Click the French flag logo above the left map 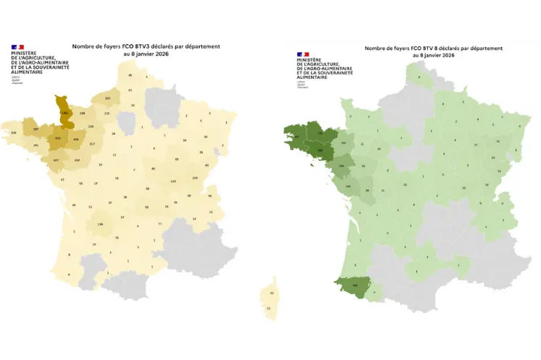pos(17,47)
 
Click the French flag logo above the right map pos(303,54)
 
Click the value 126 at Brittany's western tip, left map pos(14,133)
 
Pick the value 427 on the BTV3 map pos(56,160)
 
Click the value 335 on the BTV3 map pos(108,99)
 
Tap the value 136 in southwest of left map pos(100,225)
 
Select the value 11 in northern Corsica pos(271,292)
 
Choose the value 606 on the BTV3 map pos(76,140)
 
